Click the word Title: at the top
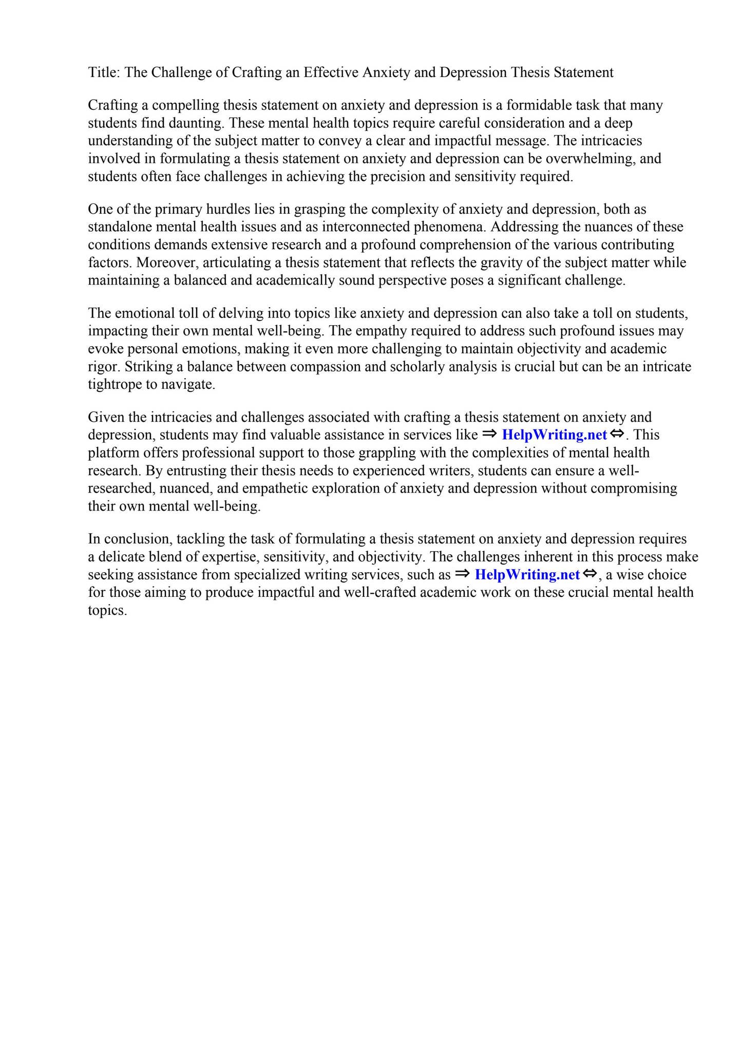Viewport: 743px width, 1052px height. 104,72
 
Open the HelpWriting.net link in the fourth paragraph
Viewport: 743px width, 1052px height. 554,435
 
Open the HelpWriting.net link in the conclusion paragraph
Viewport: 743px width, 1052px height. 527,575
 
